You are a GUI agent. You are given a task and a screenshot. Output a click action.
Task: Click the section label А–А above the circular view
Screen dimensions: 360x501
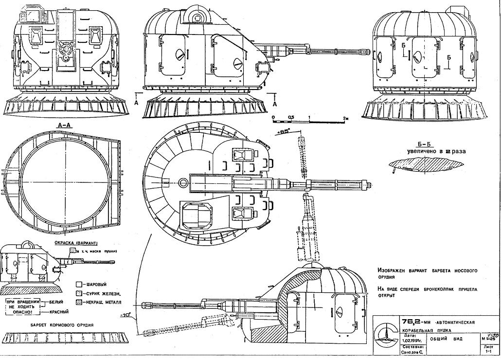pyautogui.click(x=65, y=125)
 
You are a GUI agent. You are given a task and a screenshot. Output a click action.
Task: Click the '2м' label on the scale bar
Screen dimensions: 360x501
pyautogui.click(x=346, y=118)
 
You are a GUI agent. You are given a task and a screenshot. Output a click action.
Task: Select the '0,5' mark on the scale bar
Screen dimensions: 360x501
pyautogui.click(x=291, y=118)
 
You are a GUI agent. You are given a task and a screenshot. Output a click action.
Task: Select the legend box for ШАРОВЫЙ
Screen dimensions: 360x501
pyautogui.click(x=78, y=284)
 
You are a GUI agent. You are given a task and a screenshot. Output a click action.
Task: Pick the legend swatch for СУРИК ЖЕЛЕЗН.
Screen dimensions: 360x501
pyautogui.click(x=78, y=293)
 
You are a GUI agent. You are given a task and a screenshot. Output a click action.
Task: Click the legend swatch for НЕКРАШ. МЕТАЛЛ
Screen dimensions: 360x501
pyautogui.click(x=78, y=303)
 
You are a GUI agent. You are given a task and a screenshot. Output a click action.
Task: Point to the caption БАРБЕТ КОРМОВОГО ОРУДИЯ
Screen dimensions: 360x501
pyautogui.click(x=61, y=324)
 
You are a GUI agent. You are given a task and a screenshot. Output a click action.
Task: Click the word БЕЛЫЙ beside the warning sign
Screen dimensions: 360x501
pyautogui.click(x=56, y=302)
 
